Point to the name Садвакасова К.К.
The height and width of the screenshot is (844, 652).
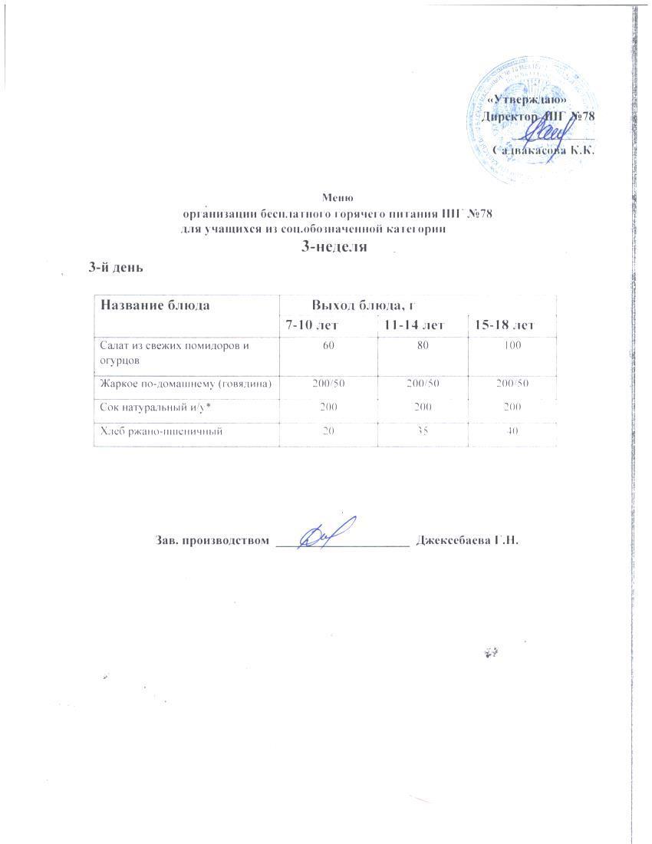click(545, 150)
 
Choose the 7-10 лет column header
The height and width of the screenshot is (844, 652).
click(312, 326)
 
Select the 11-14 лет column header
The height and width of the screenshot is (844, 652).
click(414, 326)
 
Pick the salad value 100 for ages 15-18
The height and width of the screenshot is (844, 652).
click(512, 346)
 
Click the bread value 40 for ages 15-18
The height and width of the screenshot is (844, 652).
click(513, 431)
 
